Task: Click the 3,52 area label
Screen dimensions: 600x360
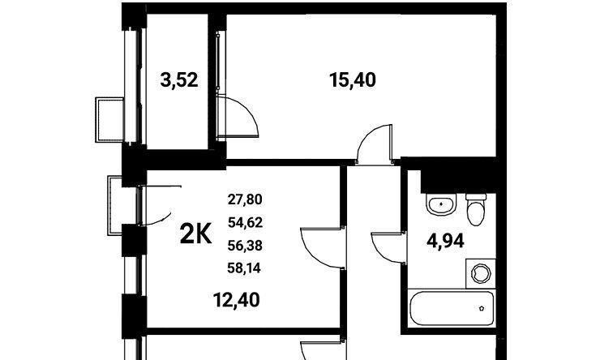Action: (179, 80)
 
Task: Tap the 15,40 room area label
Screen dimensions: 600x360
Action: (353, 80)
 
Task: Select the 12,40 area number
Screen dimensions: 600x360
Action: (237, 300)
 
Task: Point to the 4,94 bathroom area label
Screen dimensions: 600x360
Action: (445, 241)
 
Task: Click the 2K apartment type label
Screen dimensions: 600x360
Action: (195, 234)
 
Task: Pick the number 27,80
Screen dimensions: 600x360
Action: (245, 199)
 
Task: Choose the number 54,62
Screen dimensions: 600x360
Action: (245, 222)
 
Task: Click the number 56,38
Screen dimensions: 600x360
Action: (245, 245)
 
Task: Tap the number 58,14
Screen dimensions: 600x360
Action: (244, 268)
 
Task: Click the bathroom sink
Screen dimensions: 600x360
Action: (441, 204)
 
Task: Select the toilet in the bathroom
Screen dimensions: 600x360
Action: (476, 209)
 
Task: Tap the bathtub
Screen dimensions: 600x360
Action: (452, 308)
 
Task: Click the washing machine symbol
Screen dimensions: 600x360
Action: (481, 273)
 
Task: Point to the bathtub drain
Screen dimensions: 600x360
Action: (482, 308)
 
